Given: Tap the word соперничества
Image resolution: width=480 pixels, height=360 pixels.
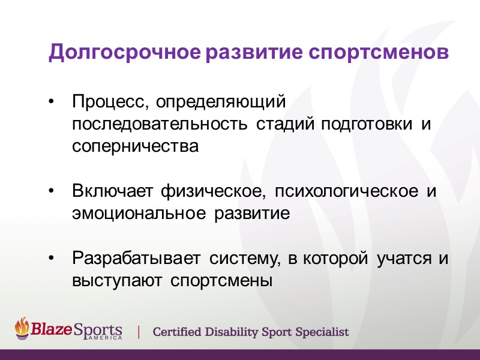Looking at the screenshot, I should pos(135,146).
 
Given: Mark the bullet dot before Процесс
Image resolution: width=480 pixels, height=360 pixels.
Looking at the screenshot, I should pos(53,103).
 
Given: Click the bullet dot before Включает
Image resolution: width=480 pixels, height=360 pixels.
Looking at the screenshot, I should pos(53,191).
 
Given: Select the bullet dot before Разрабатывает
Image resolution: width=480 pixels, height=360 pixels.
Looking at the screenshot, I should pos(53,259).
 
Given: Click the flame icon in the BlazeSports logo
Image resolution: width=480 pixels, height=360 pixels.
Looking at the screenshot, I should pos(22,328).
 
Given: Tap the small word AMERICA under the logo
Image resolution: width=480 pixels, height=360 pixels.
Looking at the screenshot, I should pos(104,338).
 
